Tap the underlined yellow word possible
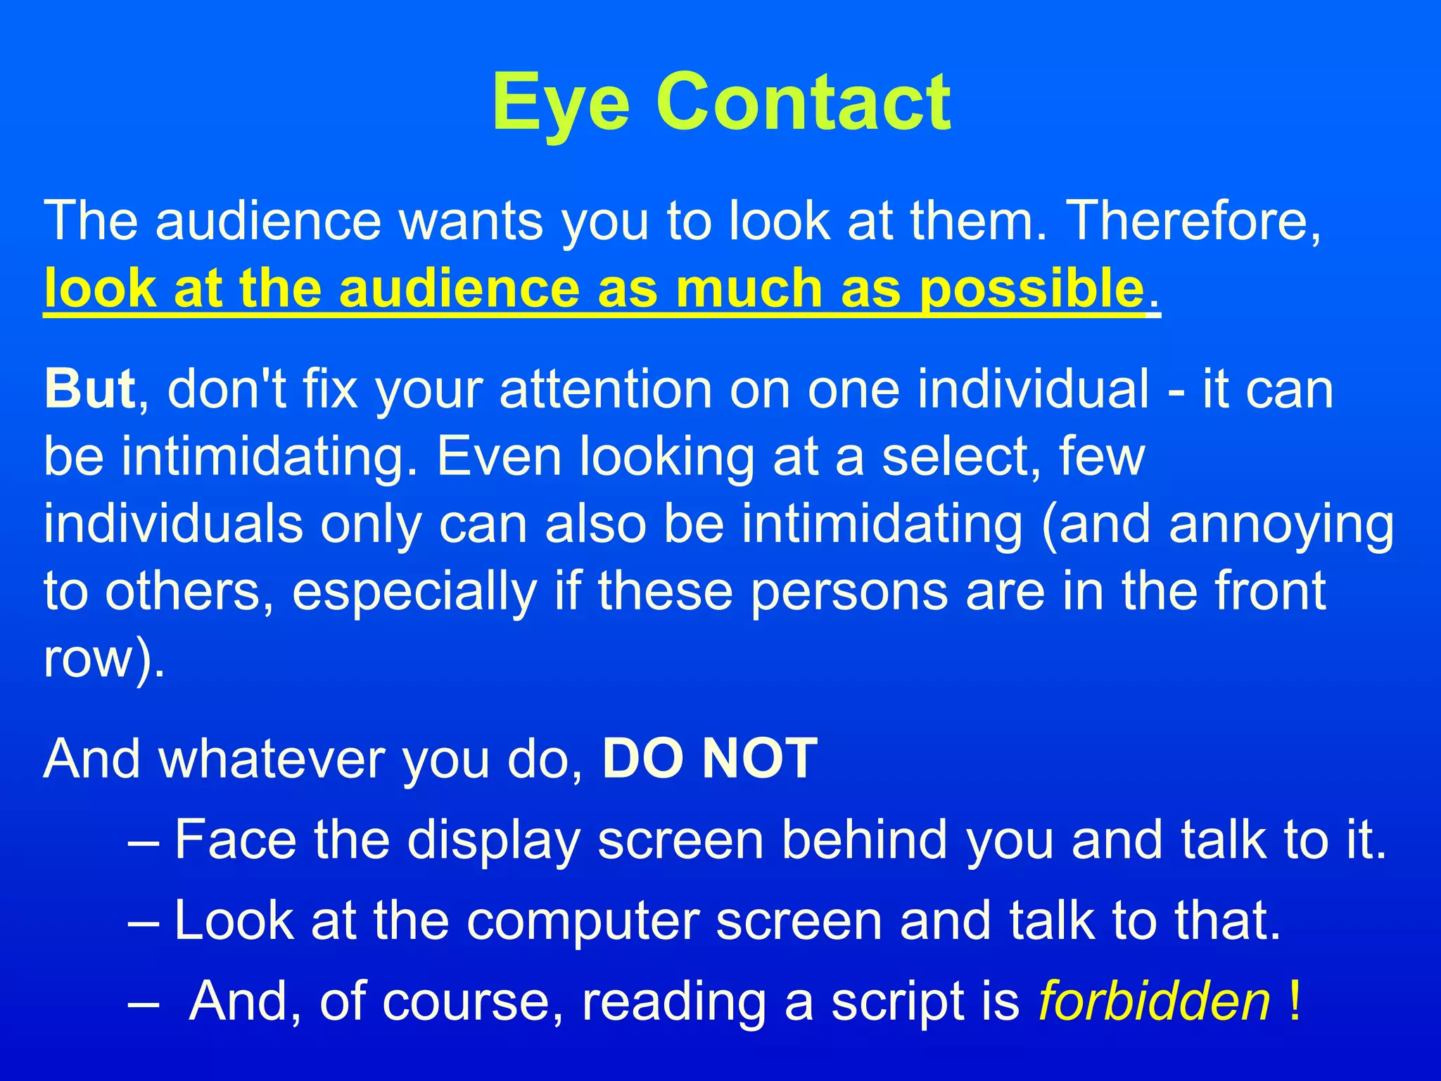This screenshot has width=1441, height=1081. tap(1031, 289)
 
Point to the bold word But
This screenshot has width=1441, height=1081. tap(89, 388)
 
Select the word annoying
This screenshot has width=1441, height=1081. tap(1281, 525)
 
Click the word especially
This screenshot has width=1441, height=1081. tap(414, 591)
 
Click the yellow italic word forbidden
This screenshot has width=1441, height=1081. tap(1154, 1001)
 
